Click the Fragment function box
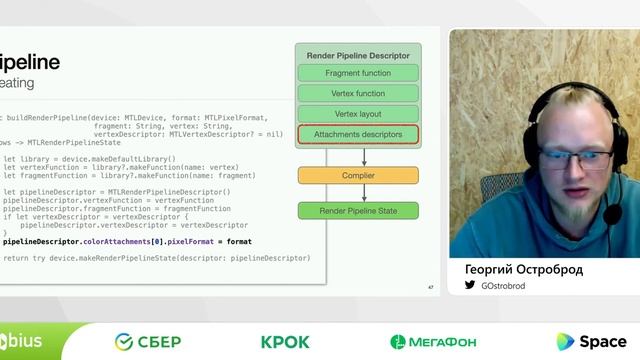358,73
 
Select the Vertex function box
358,94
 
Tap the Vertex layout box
358,114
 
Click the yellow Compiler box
358,175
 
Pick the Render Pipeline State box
358,211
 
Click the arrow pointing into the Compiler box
364,156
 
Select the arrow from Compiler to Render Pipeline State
364,193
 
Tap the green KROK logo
285,342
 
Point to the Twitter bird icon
470,286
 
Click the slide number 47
430,288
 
